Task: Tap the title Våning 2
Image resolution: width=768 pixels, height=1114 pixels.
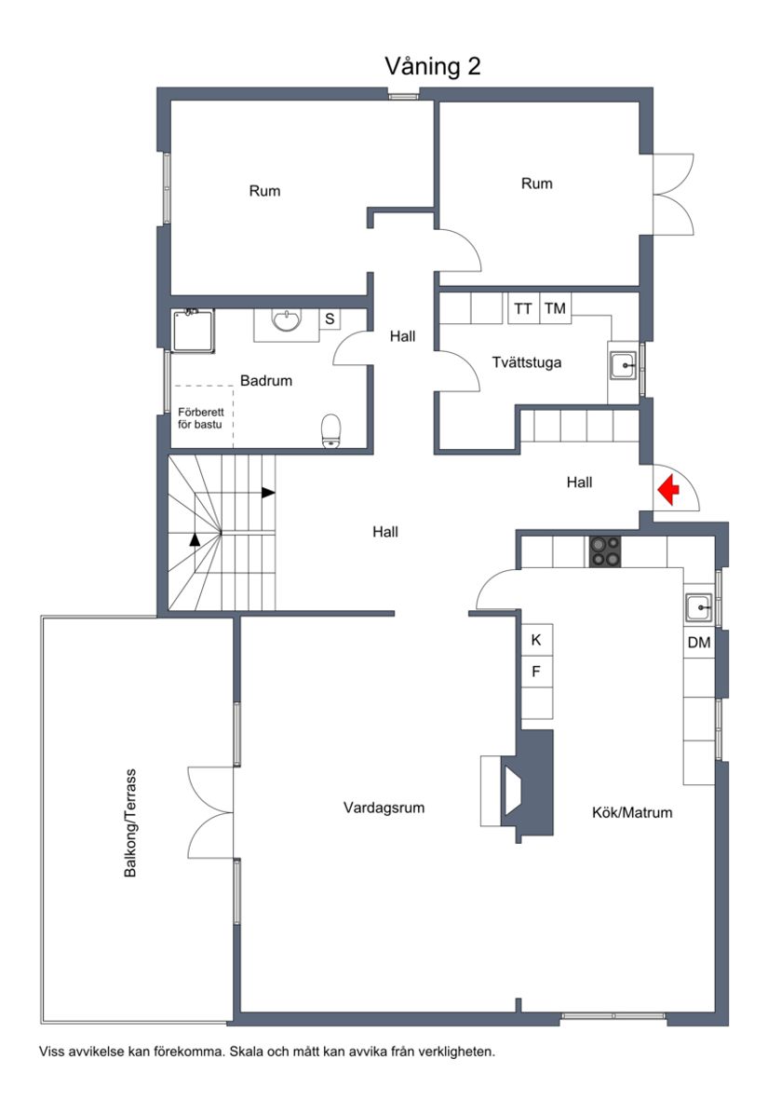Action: (432, 66)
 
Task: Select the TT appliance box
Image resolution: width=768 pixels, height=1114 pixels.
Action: (523, 308)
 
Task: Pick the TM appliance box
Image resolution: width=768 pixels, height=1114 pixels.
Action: (556, 308)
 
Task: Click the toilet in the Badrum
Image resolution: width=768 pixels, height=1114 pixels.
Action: (330, 431)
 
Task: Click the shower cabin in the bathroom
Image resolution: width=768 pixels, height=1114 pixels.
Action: (193, 331)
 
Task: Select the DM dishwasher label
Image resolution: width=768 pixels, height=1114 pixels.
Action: (698, 643)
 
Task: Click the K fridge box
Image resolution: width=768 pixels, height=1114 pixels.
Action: (536, 640)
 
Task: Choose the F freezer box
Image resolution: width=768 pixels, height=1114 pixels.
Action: (536, 671)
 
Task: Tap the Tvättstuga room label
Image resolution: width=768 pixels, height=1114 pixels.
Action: (527, 362)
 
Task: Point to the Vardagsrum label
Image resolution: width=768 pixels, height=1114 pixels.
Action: (384, 808)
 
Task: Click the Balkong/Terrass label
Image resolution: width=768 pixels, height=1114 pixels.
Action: (131, 822)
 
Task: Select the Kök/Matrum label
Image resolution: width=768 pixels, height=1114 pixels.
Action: (632, 812)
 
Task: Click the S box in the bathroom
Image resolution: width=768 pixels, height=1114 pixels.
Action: (330, 319)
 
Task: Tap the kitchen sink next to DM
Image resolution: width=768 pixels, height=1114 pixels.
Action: (697, 607)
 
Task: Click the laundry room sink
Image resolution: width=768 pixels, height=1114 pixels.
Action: (623, 366)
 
